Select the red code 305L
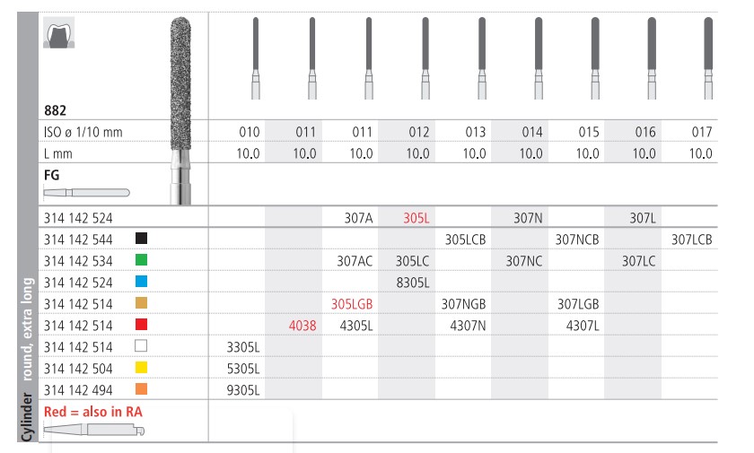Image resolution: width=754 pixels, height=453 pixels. point(417,218)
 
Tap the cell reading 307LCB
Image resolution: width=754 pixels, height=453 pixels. point(691,240)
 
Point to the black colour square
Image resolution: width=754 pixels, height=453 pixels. point(139,240)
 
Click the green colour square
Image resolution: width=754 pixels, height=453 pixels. point(139,261)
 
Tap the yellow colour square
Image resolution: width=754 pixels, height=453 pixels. point(139,367)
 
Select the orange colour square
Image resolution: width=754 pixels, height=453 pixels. point(139,388)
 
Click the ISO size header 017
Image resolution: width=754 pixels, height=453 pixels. point(702,133)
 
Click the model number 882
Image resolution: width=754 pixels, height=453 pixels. point(55,110)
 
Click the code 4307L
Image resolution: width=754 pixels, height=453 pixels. point(583,325)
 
